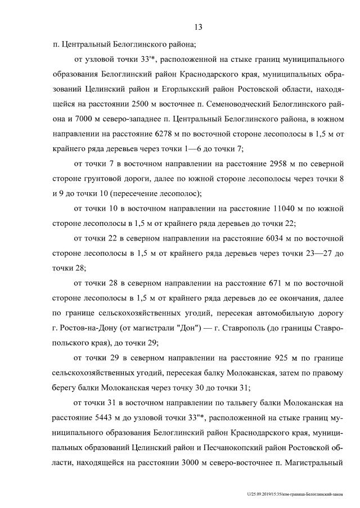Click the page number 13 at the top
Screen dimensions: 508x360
198,27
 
